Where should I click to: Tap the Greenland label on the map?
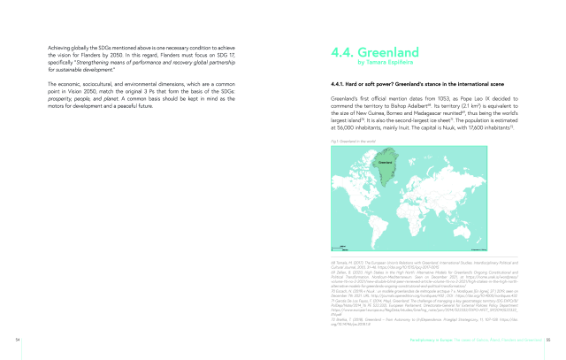point(386,162)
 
